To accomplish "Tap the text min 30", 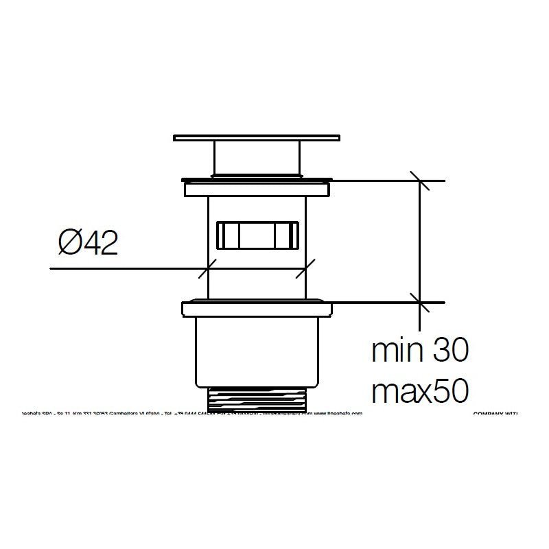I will pos(419,351).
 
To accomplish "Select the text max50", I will pos(419,392).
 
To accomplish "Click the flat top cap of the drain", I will pos(257,138).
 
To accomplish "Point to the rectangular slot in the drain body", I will pos(257,236).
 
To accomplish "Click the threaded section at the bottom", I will pos(257,401).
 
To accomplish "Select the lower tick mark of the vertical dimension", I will pos(420,301).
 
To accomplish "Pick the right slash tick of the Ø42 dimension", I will pos(305,268).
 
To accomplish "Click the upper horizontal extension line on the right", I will pos(384,180).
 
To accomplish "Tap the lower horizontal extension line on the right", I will pos(384,302).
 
